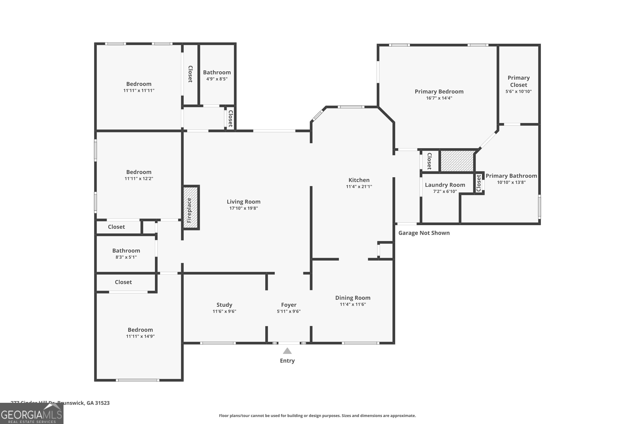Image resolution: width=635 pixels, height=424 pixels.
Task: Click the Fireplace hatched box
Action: (191, 208)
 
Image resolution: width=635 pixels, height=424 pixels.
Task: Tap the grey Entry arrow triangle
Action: (287, 351)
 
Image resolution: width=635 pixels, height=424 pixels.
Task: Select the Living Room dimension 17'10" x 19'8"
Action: (244, 208)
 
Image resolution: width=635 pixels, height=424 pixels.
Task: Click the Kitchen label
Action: (359, 180)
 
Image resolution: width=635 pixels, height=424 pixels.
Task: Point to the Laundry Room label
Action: (445, 185)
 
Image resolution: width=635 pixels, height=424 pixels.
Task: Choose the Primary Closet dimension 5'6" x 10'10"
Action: (518, 91)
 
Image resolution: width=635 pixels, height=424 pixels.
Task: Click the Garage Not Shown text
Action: (424, 233)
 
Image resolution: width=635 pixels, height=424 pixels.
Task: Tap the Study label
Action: (224, 305)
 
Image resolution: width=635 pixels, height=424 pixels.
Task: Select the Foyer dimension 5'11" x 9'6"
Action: (289, 311)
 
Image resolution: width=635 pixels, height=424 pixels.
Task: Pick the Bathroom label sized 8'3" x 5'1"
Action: (126, 251)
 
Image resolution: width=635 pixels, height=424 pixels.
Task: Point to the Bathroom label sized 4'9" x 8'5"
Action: (217, 73)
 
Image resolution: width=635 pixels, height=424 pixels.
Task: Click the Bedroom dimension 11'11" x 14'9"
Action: (140, 336)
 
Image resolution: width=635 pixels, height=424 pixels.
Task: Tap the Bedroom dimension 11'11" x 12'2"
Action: (139, 179)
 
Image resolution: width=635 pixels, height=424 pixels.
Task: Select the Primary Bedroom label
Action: (439, 92)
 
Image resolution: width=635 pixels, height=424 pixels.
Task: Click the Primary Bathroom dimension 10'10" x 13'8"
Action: (511, 182)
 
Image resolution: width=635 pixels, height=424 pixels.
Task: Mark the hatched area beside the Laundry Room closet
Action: (457, 161)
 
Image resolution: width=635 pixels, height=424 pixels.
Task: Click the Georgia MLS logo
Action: (32, 414)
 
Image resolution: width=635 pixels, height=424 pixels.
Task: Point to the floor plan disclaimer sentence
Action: (317, 416)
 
